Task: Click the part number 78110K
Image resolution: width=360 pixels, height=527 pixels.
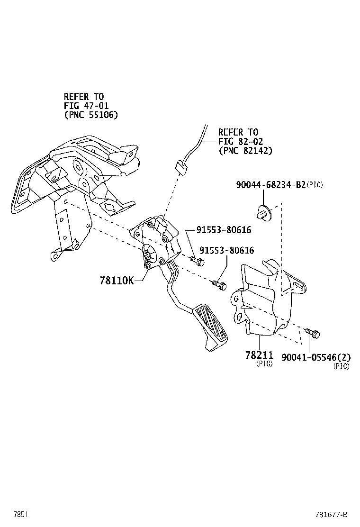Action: click(x=116, y=281)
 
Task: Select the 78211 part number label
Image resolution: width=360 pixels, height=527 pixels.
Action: click(x=259, y=355)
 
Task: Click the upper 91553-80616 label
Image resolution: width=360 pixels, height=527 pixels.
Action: click(x=224, y=230)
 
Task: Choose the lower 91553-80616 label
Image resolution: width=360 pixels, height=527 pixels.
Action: click(x=226, y=250)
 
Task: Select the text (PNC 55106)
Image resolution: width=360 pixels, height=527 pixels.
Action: click(x=91, y=115)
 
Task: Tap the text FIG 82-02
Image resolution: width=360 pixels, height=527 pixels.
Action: click(x=240, y=141)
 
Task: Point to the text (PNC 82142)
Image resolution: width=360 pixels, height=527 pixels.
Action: click(x=245, y=150)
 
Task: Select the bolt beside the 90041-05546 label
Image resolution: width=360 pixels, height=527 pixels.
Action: click(x=313, y=333)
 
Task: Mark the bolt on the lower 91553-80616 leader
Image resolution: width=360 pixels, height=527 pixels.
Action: click(x=219, y=284)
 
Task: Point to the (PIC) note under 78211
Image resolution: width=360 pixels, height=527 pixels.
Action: click(x=264, y=364)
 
